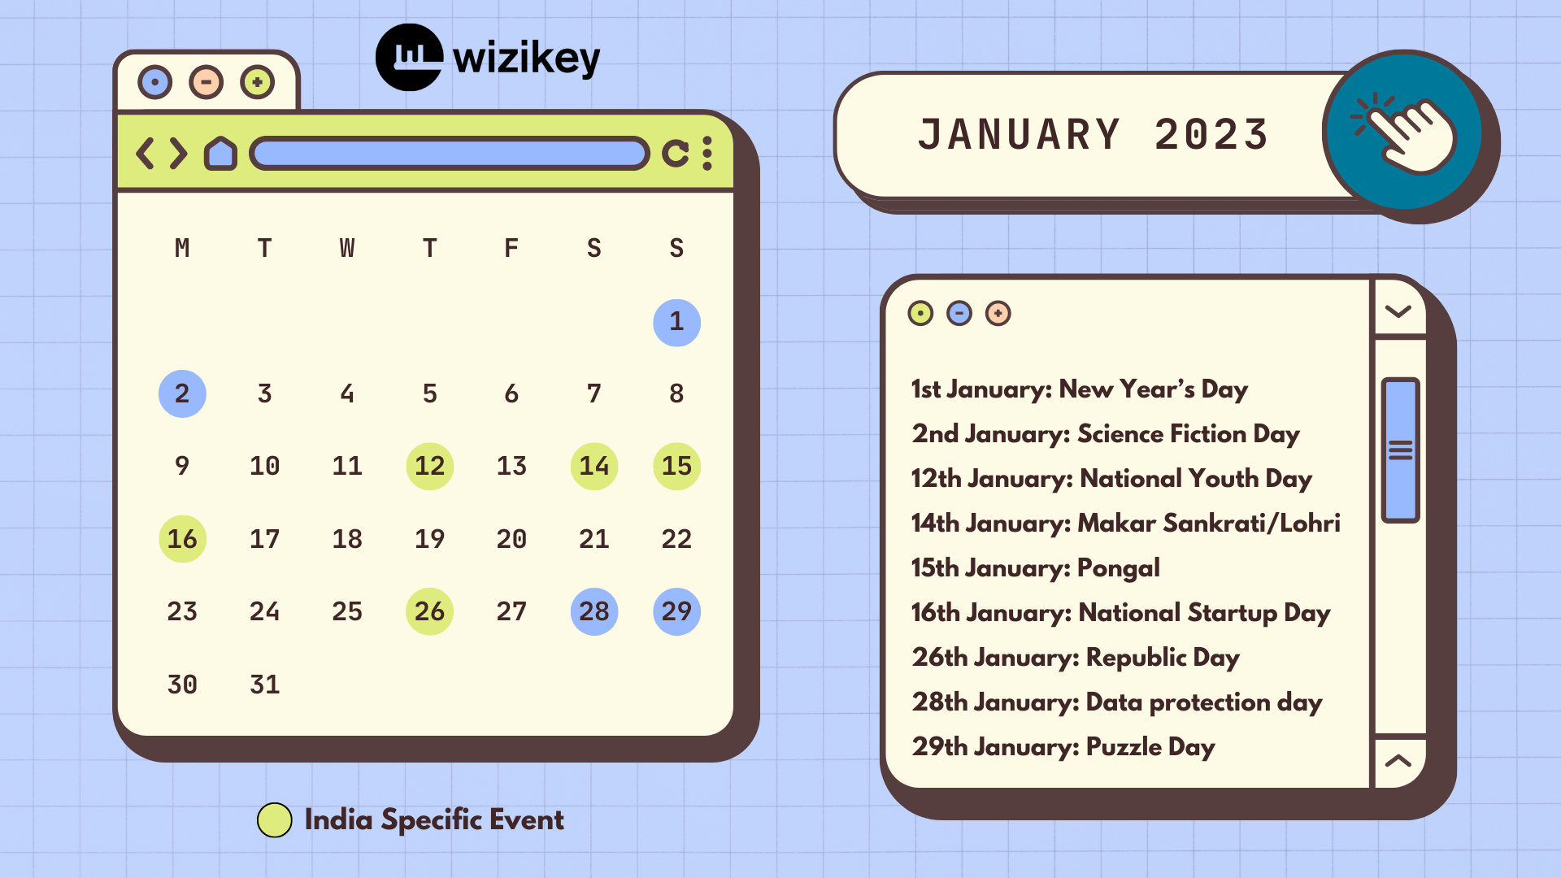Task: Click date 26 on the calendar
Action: coord(429,611)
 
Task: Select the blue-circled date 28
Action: coord(594,611)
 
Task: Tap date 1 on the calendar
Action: coord(676,322)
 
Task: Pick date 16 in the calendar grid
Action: coord(182,539)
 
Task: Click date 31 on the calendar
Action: coord(265,685)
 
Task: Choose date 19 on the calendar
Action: coord(429,539)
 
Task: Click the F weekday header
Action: coord(511,248)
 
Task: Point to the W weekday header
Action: coord(347,248)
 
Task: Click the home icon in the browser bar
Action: coord(220,153)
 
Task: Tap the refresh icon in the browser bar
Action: coord(676,153)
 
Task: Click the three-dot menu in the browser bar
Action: coord(707,153)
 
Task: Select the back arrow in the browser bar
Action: coord(145,153)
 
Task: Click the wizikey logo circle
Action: coord(410,57)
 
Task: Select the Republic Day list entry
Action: coord(1076,658)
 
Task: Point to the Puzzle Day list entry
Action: coord(1063,747)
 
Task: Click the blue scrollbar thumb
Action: coord(1400,450)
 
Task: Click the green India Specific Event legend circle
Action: coord(275,820)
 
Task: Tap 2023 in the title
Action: coord(1211,135)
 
